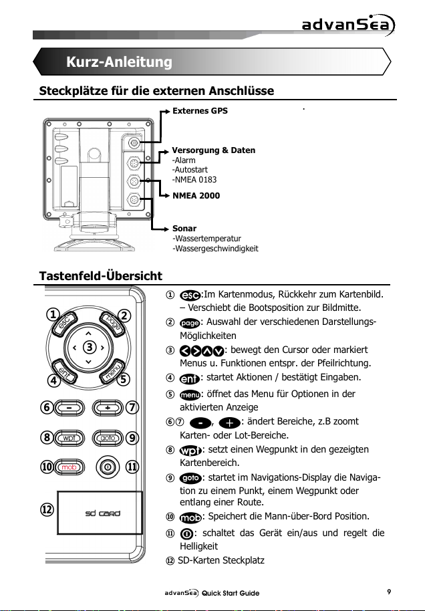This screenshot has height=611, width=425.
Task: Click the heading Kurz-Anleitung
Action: [x=120, y=63]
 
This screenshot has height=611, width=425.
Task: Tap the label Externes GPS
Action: [x=200, y=111]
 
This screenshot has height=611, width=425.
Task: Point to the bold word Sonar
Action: [x=184, y=228]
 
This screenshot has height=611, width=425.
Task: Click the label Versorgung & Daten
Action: [x=214, y=150]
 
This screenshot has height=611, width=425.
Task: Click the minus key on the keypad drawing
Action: [x=69, y=406]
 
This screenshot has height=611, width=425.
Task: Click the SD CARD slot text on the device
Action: [x=100, y=513]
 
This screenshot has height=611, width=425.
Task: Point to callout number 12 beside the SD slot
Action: [x=47, y=509]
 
